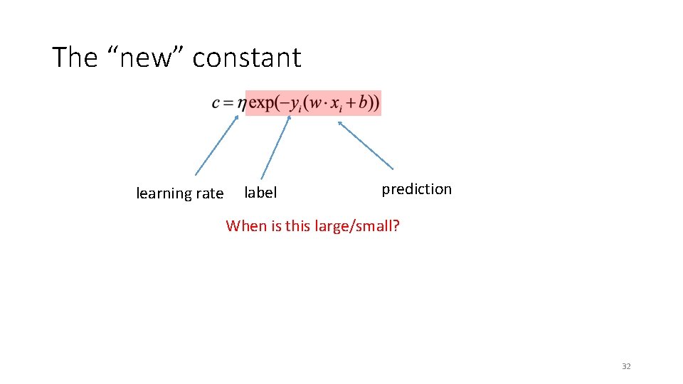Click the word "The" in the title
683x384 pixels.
click(75, 57)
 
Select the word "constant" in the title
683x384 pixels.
click(247, 57)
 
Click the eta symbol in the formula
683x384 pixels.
click(241, 104)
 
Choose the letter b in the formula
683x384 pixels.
click(364, 102)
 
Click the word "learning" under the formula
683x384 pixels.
click(164, 193)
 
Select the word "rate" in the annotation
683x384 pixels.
click(209, 193)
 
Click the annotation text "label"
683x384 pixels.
click(260, 193)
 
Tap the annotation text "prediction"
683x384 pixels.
click(416, 189)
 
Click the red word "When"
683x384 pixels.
click(245, 226)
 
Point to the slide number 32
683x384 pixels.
click(626, 366)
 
